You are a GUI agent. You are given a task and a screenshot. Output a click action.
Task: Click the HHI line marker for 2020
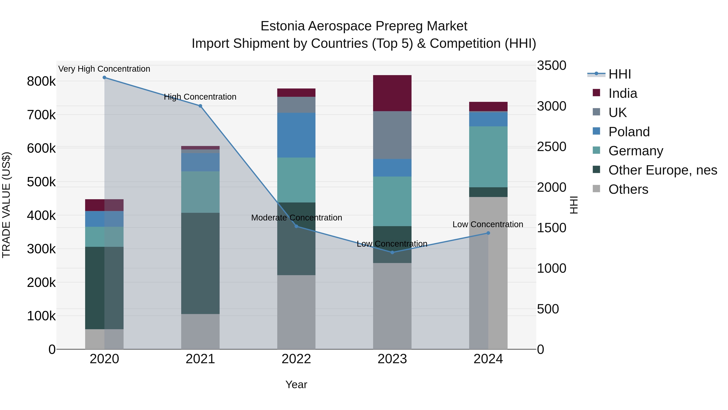[x=104, y=78]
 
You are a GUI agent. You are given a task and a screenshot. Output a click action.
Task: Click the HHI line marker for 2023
[x=392, y=252]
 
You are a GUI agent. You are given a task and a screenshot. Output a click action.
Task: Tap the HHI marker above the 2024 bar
[x=488, y=233]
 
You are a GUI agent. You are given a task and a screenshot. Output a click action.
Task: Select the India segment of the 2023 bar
[x=392, y=93]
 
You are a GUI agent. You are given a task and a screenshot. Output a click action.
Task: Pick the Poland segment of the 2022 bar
[x=296, y=135]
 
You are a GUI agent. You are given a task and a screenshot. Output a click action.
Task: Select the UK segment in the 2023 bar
[x=392, y=135]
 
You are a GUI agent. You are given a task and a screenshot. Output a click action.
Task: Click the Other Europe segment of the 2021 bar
[x=200, y=263]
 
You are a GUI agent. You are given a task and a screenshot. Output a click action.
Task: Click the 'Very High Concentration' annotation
[x=104, y=69]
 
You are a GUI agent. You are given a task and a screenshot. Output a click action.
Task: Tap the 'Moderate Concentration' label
[x=296, y=218]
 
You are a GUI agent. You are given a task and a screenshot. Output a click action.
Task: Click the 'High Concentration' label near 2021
[x=200, y=97]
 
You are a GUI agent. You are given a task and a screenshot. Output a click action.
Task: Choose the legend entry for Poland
[x=629, y=132]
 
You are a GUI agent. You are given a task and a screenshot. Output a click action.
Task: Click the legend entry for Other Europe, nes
[x=662, y=170]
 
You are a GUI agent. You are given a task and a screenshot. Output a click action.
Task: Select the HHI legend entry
[x=619, y=74]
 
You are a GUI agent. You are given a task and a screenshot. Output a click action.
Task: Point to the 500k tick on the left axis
[x=41, y=182]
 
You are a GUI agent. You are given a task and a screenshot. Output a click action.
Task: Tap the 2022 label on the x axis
[x=296, y=359]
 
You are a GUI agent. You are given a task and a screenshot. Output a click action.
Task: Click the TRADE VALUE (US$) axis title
[x=6, y=205]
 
